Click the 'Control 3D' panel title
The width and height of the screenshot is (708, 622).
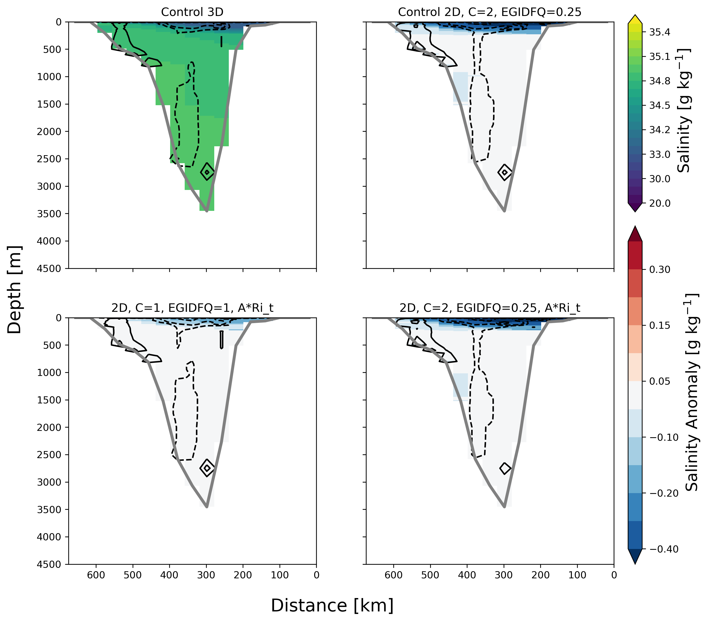coord(192,12)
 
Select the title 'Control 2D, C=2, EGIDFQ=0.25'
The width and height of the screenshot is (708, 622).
coord(490,12)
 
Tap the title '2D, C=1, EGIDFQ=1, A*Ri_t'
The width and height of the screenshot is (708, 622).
coord(192,308)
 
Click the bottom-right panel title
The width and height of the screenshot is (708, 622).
coord(490,308)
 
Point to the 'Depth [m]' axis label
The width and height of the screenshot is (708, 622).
coord(15,290)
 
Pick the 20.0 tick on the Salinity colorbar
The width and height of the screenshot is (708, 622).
coord(659,203)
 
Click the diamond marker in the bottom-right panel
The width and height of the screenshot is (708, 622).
coord(505,468)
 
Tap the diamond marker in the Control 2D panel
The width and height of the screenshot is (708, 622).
coord(505,172)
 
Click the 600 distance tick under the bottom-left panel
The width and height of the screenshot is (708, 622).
coord(96,575)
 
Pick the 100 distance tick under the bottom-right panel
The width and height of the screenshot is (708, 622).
coord(577,575)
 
